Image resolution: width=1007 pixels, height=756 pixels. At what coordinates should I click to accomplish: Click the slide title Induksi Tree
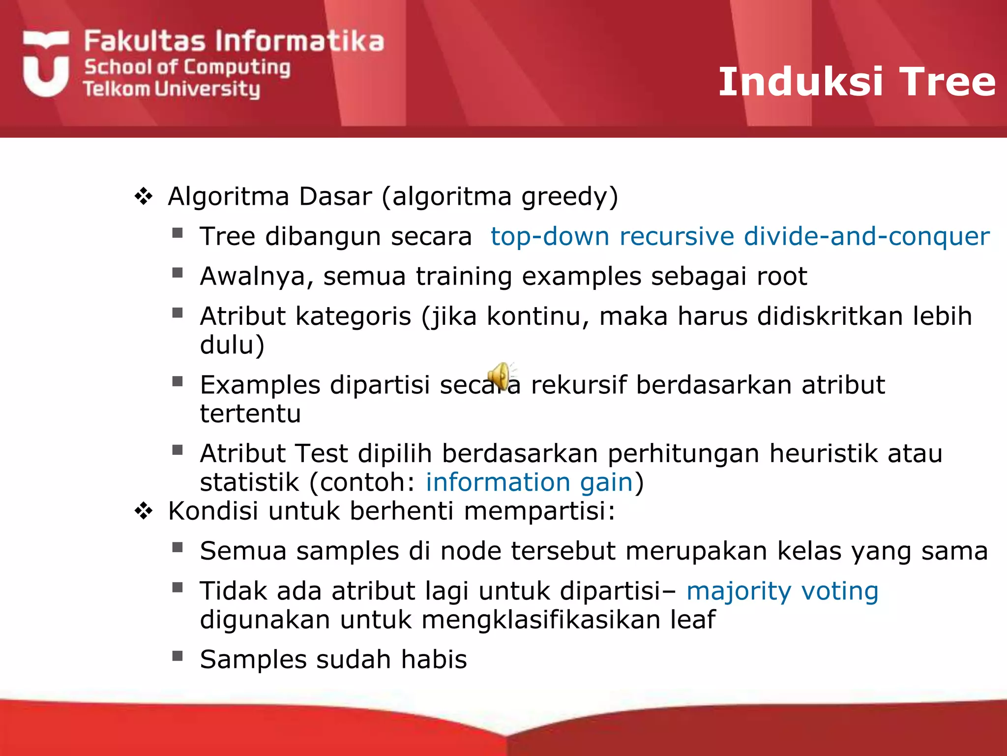(x=857, y=82)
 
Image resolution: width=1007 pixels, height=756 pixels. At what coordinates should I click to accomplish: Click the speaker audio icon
(x=500, y=377)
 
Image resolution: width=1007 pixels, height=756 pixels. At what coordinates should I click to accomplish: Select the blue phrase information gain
(x=529, y=482)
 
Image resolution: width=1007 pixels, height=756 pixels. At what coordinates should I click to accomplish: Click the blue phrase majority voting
(x=782, y=591)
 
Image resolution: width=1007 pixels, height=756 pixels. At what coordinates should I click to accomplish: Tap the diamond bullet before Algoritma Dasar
(x=144, y=196)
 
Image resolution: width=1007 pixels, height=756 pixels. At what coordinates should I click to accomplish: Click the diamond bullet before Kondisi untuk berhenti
(x=144, y=511)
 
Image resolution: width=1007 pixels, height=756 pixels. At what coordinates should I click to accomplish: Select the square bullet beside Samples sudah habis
(x=178, y=656)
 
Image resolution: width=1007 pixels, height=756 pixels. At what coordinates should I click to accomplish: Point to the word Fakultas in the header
(x=145, y=41)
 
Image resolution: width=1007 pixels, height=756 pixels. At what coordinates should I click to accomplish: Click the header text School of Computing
(x=187, y=67)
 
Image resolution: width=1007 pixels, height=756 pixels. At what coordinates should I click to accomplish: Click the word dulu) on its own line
(x=232, y=345)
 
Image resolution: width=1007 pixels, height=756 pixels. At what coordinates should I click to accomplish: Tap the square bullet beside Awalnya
(x=178, y=273)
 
